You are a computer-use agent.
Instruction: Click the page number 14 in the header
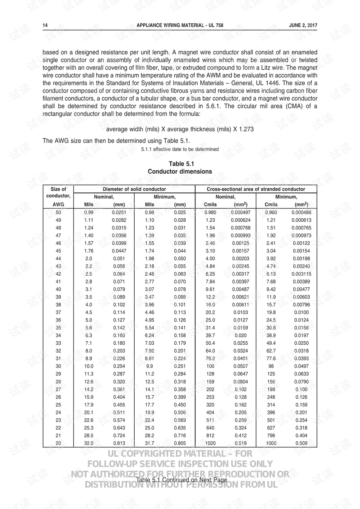point(45,26)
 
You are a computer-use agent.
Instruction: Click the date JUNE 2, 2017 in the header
point(303,26)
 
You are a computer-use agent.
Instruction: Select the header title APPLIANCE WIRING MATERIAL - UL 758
point(180,26)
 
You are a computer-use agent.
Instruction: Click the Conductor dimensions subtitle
point(180,171)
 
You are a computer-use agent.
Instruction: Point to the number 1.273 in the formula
point(246,129)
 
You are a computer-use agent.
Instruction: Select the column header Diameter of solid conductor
point(134,189)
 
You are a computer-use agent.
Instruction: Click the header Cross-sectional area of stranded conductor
point(256,189)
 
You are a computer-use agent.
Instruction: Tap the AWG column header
point(58,204)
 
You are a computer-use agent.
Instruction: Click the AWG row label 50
point(58,212)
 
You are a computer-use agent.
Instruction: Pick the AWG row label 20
point(58,443)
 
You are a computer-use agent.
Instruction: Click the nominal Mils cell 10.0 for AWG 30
point(88,366)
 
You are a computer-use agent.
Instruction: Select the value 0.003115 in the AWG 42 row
point(301,274)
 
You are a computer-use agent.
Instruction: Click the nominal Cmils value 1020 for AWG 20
point(210,443)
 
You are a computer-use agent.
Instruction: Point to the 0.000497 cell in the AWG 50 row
point(240,212)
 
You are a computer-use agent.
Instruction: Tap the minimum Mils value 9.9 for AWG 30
point(149,366)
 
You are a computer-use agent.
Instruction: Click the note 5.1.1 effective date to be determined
point(180,149)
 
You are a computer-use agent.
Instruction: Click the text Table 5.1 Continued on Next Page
point(181,480)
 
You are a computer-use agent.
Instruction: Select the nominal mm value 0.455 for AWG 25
point(119,405)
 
